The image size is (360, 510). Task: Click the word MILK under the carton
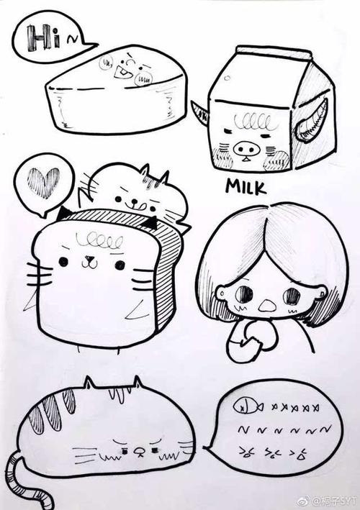tap(246, 186)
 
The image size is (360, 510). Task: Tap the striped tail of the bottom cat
tap(26, 481)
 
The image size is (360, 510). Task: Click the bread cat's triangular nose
tap(89, 259)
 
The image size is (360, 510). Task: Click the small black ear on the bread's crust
tap(150, 223)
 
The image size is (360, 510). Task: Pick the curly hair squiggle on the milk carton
tap(255, 122)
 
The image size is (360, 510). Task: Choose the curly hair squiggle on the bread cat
tap(99, 242)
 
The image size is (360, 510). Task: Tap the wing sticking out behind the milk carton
tap(200, 113)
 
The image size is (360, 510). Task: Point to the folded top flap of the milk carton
tap(274, 52)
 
